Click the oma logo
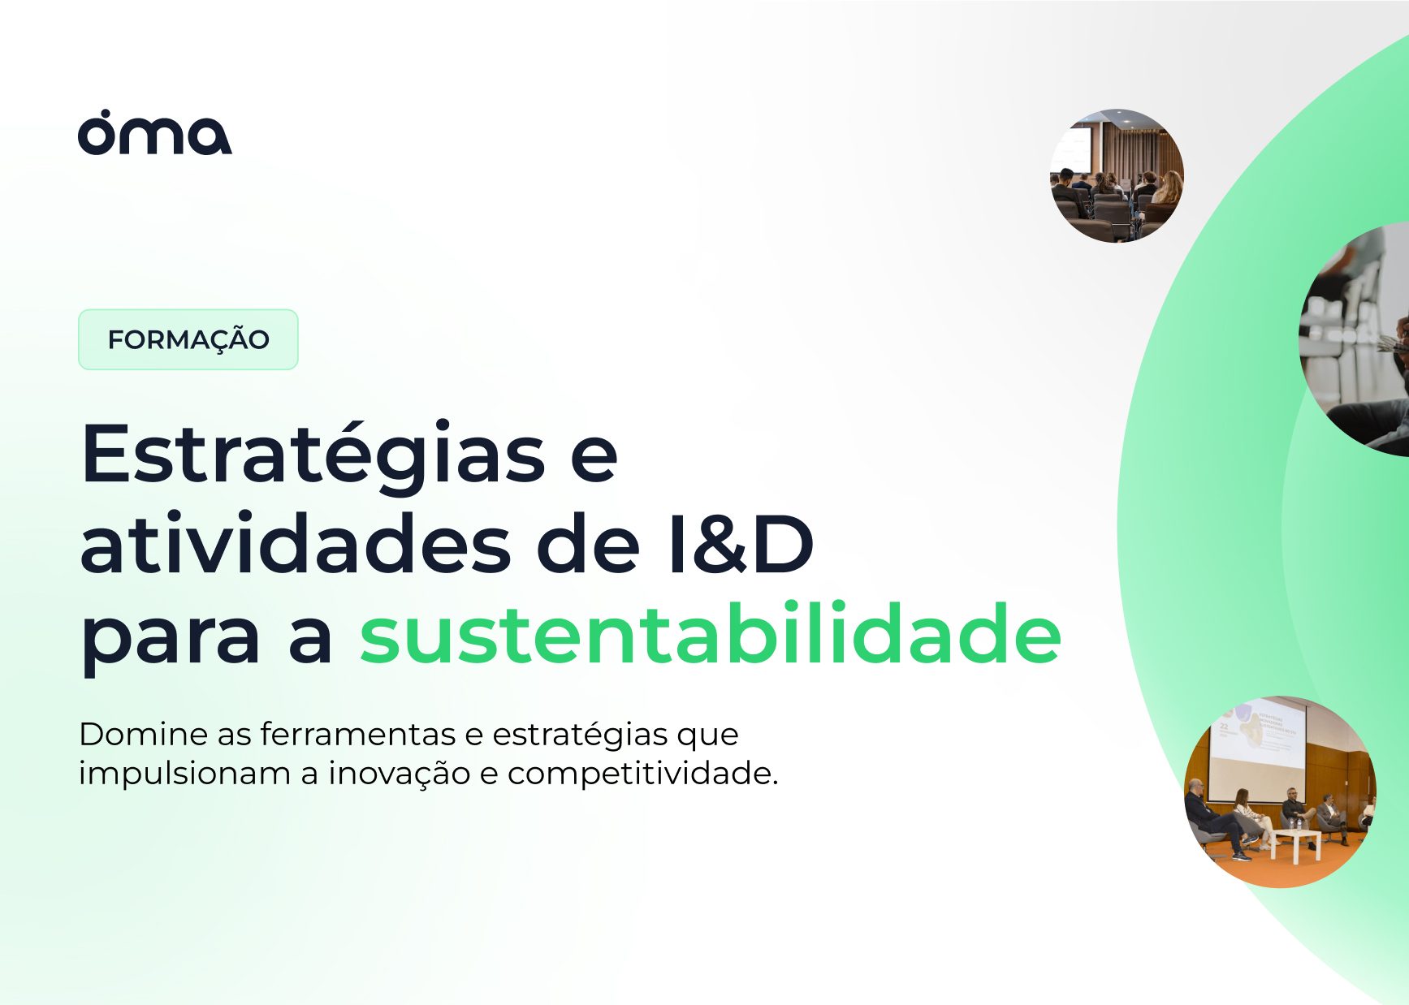[x=154, y=132]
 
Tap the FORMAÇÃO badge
[x=188, y=339]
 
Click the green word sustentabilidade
[x=711, y=634]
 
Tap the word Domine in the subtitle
[x=143, y=734]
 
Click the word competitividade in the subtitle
[x=642, y=774]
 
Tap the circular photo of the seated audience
[x=1117, y=176]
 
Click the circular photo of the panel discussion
[x=1280, y=791]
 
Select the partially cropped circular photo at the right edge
[x=1355, y=339]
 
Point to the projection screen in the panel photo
[x=1257, y=743]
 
